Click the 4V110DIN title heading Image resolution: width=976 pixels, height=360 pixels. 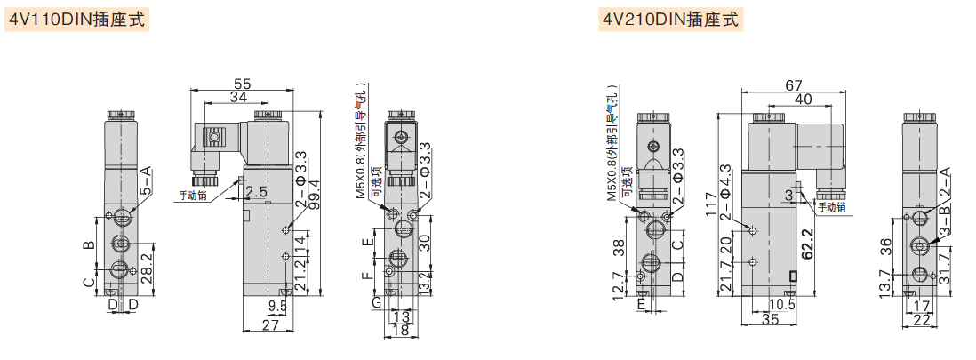[76, 20]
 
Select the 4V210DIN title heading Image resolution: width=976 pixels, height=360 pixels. [670, 20]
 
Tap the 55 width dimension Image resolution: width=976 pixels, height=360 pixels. [242, 84]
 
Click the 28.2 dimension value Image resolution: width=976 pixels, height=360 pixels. [147, 268]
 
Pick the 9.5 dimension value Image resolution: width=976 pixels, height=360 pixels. [276, 306]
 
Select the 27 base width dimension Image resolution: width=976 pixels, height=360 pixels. [269, 325]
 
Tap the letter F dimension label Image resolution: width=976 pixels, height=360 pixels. [368, 276]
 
